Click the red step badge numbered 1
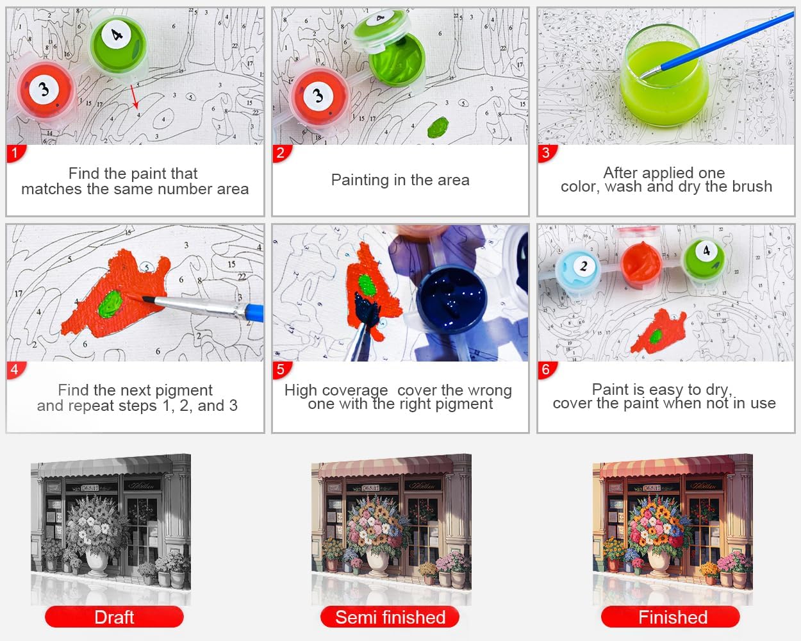15,153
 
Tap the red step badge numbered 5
281,370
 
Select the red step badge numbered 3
547,153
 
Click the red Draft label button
114,617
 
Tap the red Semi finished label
390,617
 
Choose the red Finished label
671,617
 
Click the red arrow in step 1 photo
135,97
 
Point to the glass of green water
665,76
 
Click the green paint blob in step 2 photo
438,127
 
